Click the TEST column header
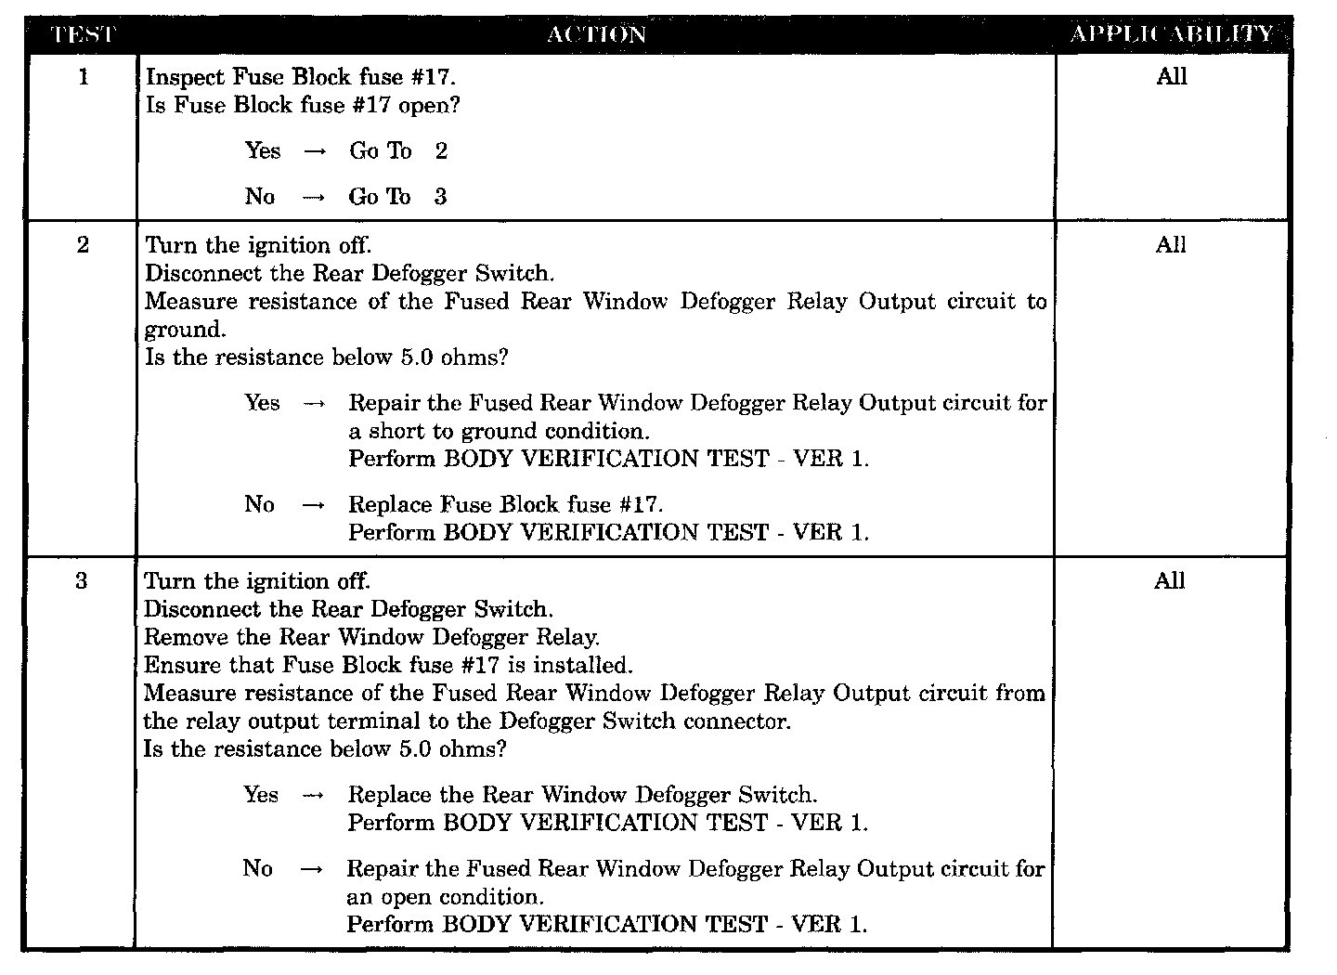pyautogui.click(x=82, y=35)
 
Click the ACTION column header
pyautogui.click(x=596, y=35)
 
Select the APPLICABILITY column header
pyautogui.click(x=1172, y=34)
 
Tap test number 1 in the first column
pyautogui.click(x=84, y=77)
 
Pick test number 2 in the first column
pyautogui.click(x=83, y=246)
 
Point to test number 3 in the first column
pyautogui.click(x=82, y=582)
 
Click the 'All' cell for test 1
pyautogui.click(x=1172, y=77)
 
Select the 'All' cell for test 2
pyautogui.click(x=1171, y=245)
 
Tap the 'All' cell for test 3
pyautogui.click(x=1170, y=581)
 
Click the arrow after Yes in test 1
pyautogui.click(x=315, y=152)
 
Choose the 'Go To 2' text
pyautogui.click(x=398, y=151)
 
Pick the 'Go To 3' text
pyautogui.click(x=397, y=197)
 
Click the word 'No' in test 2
pyautogui.click(x=259, y=504)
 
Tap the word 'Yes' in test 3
pyautogui.click(x=261, y=795)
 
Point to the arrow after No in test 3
pyautogui.click(x=313, y=870)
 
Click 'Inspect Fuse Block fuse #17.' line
pyautogui.click(x=301, y=77)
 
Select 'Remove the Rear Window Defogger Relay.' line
pyautogui.click(x=371, y=638)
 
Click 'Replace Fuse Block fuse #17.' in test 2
pyautogui.click(x=506, y=505)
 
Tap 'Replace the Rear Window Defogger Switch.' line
pyautogui.click(x=582, y=795)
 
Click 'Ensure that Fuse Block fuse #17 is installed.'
pyautogui.click(x=388, y=666)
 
